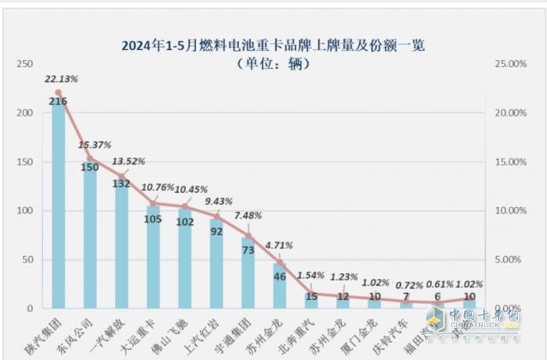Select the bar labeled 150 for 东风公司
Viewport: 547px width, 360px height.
[x=90, y=242]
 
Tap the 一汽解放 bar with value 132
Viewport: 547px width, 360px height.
[x=122, y=250]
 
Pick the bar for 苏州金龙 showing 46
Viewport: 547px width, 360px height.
[x=279, y=289]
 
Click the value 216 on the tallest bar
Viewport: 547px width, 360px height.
[x=58, y=102]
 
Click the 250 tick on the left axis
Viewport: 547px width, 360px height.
[x=25, y=64]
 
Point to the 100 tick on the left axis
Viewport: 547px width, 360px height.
[x=25, y=211]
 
